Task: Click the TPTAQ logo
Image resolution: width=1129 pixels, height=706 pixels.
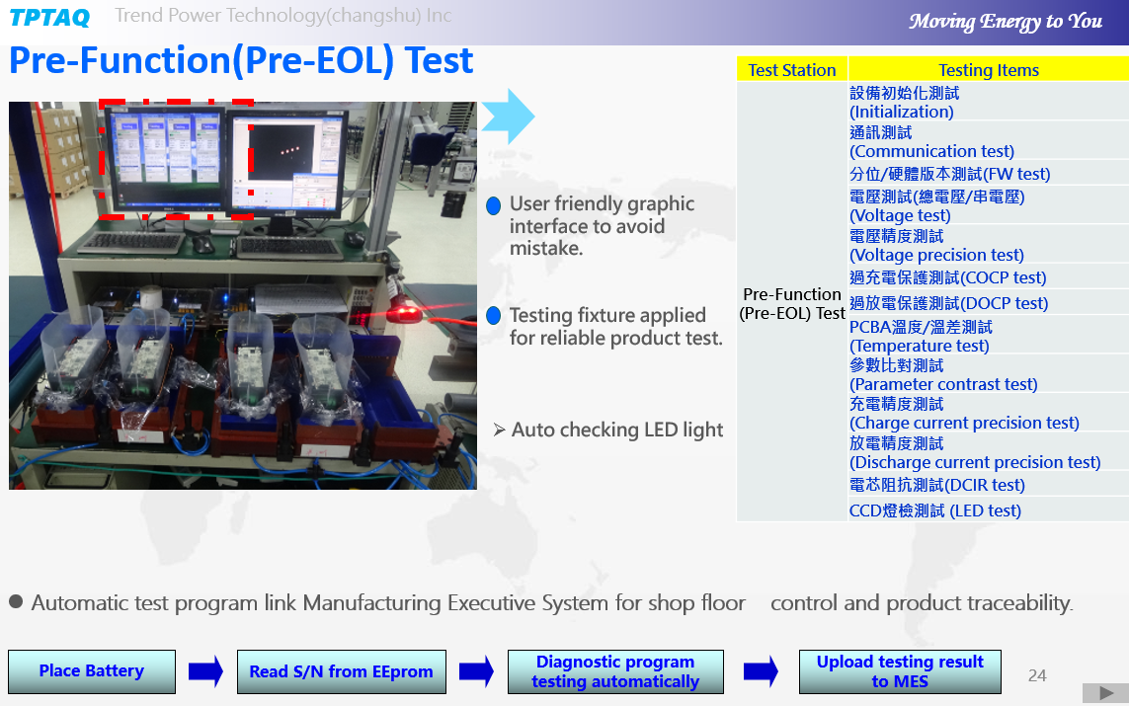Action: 49,17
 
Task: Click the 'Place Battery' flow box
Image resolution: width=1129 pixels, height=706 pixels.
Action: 92,671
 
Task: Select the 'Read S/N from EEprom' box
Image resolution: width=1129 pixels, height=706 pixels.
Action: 342,671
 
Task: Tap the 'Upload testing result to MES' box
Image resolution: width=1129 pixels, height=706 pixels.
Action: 900,671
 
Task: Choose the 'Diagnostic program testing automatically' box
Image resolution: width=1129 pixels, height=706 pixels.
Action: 615,671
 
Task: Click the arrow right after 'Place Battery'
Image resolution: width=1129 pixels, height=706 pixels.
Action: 205,671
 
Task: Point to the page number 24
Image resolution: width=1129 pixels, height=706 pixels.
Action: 1037,675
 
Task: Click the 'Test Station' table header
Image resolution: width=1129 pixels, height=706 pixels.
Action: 792,70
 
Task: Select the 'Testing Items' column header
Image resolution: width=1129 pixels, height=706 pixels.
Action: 989,70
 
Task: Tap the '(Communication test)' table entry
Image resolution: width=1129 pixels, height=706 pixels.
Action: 931,152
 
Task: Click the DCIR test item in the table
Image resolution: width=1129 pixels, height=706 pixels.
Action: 936,485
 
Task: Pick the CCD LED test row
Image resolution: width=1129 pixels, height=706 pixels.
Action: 935,510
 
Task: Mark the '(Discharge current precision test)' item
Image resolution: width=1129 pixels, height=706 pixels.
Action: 975,463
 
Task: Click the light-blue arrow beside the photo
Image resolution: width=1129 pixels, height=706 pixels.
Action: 509,117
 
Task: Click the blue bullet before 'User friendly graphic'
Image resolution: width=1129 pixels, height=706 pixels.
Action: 493,205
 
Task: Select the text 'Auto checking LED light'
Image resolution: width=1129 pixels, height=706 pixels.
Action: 617,430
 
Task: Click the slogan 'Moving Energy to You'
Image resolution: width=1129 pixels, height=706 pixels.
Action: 1006,22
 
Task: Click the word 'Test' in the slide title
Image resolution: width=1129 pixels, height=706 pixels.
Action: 440,60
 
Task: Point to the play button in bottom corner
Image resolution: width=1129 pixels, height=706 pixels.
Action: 1105,693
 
